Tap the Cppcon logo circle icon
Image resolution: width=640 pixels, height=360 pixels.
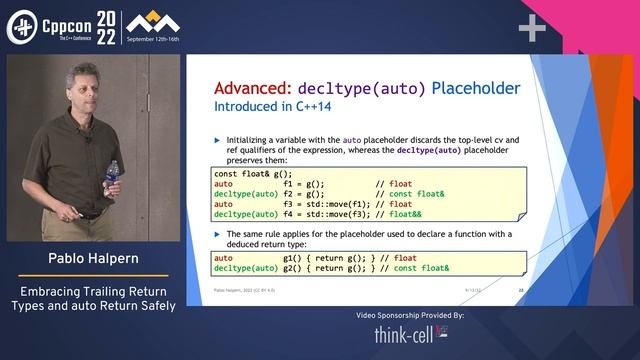pos(22,28)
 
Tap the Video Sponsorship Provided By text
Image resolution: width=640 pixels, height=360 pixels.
pos(410,315)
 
